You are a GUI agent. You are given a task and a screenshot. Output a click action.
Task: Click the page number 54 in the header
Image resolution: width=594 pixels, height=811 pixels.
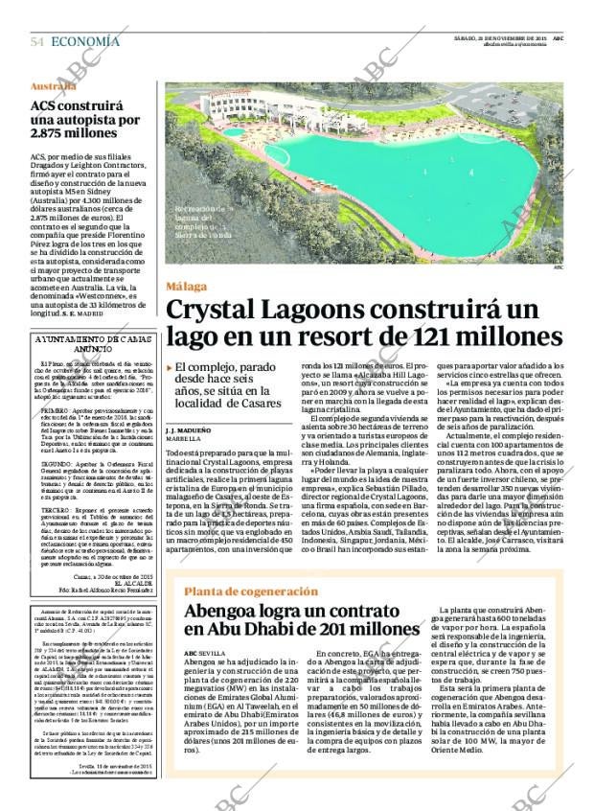pos(36,41)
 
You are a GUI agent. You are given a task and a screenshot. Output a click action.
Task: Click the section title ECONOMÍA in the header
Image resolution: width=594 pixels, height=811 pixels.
pos(86,41)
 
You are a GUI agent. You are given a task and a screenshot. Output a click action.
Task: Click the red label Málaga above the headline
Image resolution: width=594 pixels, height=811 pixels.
pos(186,286)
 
